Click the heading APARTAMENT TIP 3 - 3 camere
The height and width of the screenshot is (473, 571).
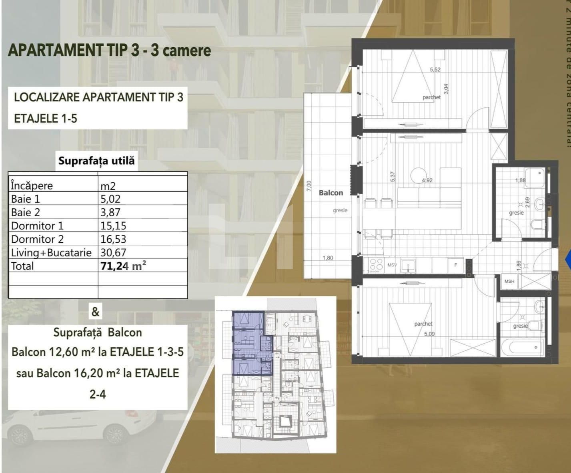pyautogui.click(x=109, y=50)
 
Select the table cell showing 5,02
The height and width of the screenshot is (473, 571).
pyautogui.click(x=110, y=199)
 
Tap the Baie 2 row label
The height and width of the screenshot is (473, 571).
pyautogui.click(x=26, y=213)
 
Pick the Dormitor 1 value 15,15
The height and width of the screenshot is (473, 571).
pyautogui.click(x=113, y=226)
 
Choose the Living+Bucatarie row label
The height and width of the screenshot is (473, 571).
pyautogui.click(x=51, y=253)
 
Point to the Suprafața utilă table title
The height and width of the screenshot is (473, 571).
pyautogui.click(x=96, y=161)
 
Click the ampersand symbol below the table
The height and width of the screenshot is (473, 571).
pyautogui.click(x=95, y=311)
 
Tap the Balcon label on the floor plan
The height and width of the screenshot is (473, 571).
pyautogui.click(x=331, y=193)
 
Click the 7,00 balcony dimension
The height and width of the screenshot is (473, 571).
pyautogui.click(x=308, y=187)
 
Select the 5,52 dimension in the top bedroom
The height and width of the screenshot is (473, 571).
pyautogui.click(x=435, y=69)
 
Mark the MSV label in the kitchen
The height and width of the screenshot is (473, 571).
pyautogui.click(x=392, y=265)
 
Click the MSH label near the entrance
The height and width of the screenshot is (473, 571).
pyautogui.click(x=509, y=281)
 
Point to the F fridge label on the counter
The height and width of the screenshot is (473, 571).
pyautogui.click(x=455, y=265)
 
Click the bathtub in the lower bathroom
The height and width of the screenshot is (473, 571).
pyautogui.click(x=522, y=347)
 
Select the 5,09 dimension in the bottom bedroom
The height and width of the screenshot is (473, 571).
pyautogui.click(x=429, y=334)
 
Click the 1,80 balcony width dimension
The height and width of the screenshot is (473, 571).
pyautogui.click(x=328, y=258)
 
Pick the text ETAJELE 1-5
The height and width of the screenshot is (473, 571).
pyautogui.click(x=46, y=119)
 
